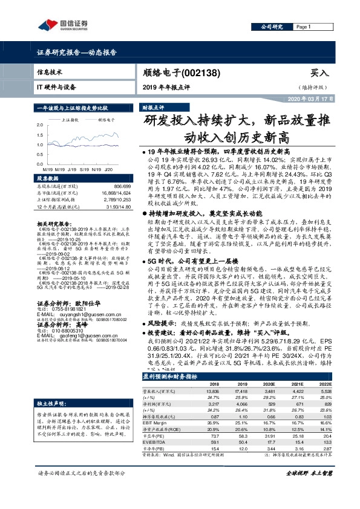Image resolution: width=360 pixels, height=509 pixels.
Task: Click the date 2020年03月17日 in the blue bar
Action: pos(309,99)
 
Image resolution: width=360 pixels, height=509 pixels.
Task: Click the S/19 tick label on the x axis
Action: pos(84,169)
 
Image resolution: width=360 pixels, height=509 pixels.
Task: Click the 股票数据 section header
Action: pos(48,179)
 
